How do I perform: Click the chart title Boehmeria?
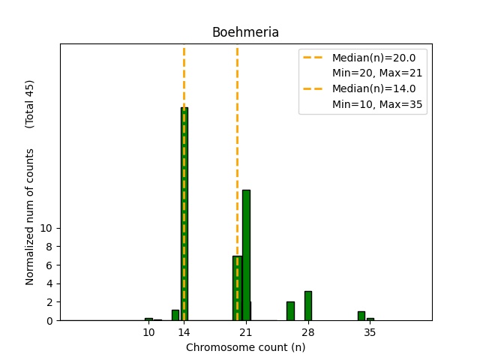coord(245,32)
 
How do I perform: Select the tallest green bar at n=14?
coord(184,214)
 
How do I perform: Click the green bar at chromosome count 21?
coord(246,255)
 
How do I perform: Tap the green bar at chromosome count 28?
coord(307,306)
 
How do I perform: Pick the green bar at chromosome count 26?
coord(290,311)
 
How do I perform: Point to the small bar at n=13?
coord(175,315)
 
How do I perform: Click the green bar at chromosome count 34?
coord(361,316)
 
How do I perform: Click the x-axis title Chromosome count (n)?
coord(245,347)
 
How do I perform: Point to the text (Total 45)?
coord(30,103)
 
